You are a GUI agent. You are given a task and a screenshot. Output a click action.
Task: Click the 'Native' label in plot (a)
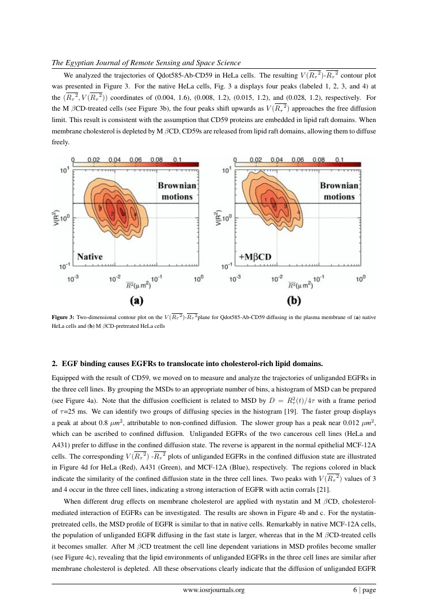(90, 256)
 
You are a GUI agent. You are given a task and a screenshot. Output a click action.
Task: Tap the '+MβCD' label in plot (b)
(255, 256)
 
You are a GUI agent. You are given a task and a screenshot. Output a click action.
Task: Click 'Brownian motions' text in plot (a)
(177, 190)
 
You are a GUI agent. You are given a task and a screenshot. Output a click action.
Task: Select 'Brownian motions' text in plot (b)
(339, 190)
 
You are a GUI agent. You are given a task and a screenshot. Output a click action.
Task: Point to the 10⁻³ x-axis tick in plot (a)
(73, 278)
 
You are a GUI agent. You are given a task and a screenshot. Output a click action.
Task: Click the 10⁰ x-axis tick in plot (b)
(361, 278)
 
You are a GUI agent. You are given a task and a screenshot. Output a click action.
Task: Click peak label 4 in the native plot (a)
(135, 214)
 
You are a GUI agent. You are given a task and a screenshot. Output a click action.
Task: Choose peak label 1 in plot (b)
(265, 200)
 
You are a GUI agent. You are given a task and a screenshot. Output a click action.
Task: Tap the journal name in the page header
(146, 63)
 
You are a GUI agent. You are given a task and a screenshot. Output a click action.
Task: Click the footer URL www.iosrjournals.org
(214, 589)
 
